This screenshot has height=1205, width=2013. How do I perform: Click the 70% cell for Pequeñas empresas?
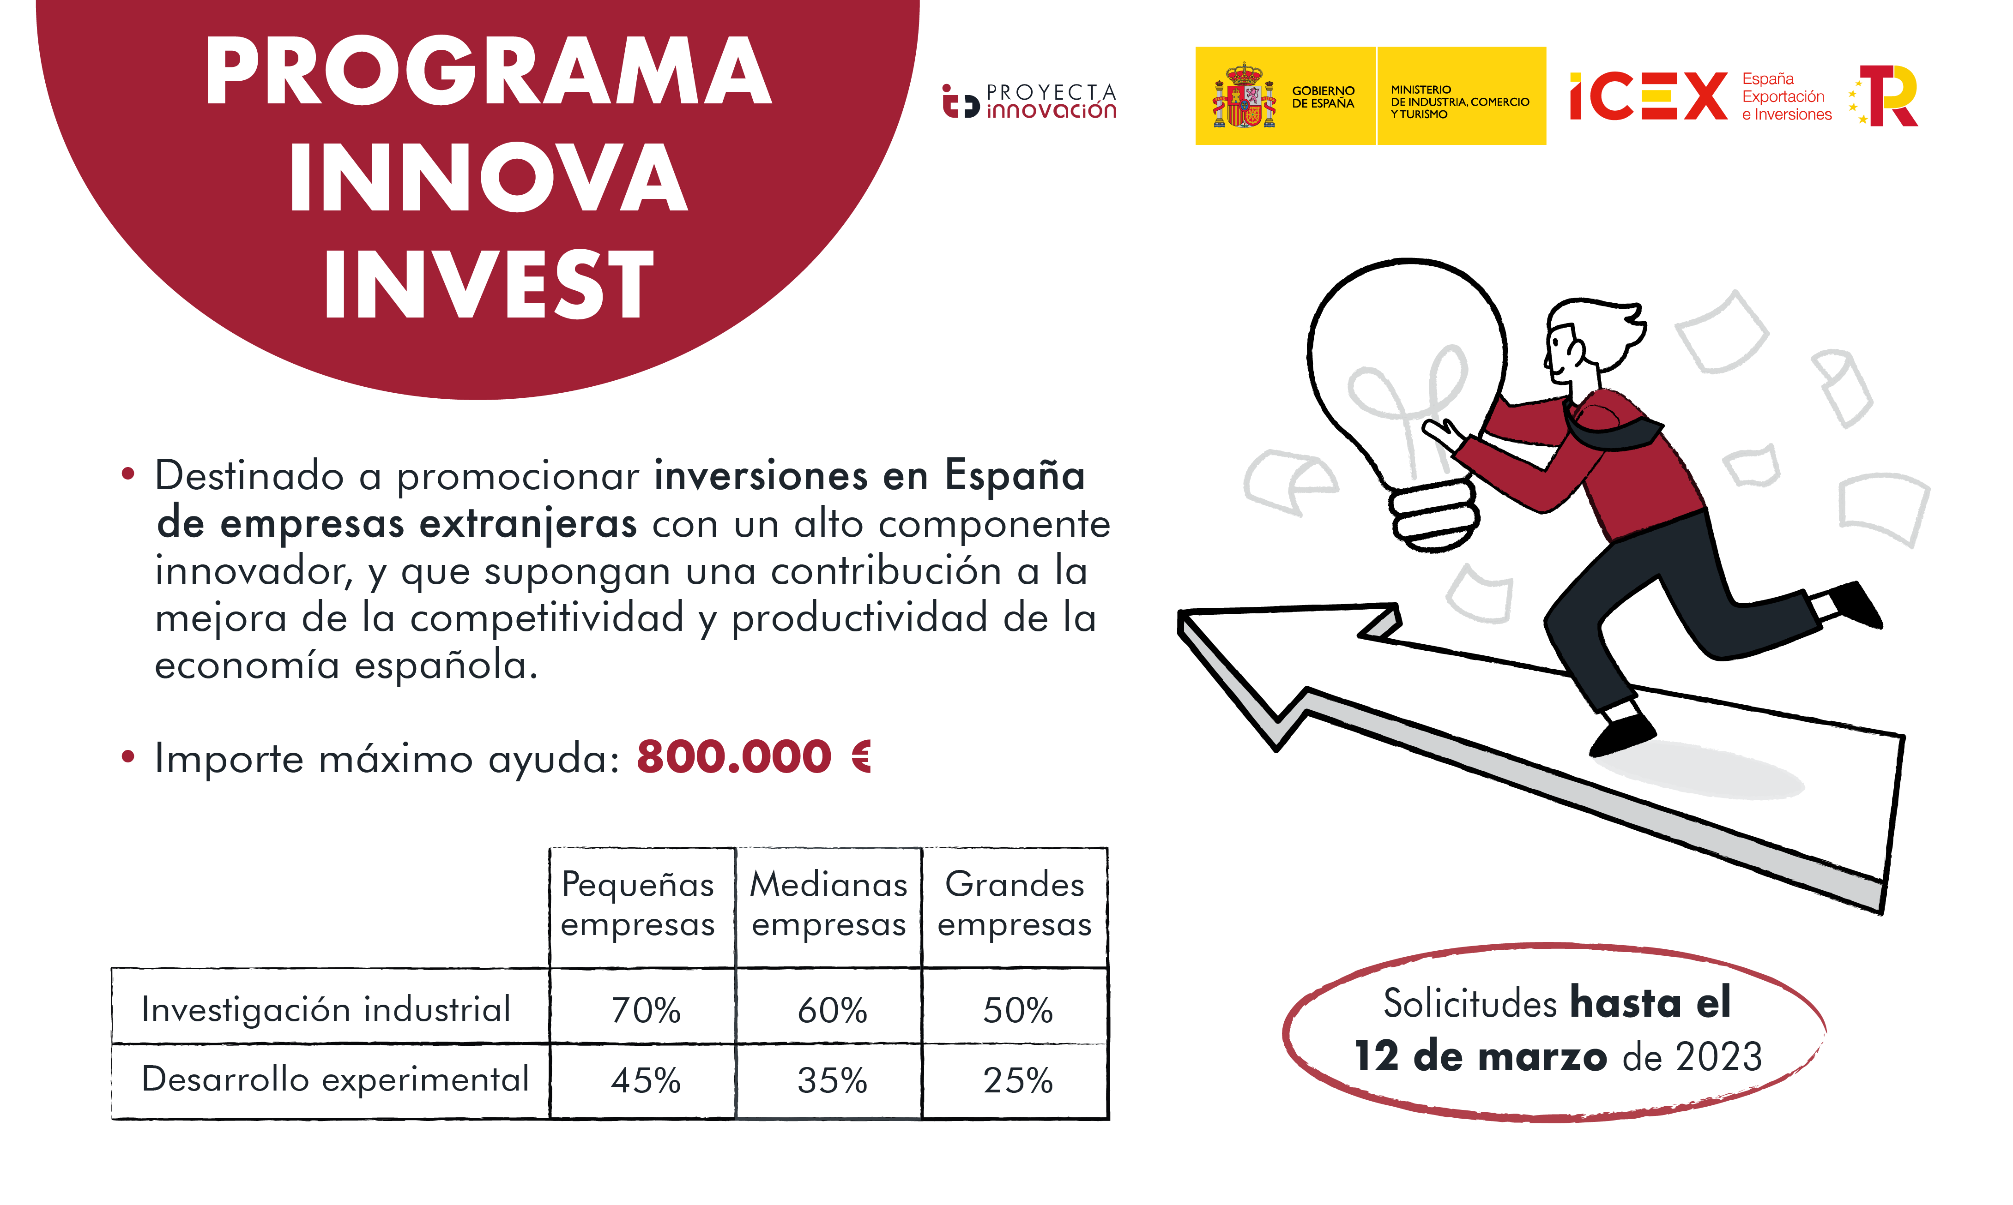(646, 1010)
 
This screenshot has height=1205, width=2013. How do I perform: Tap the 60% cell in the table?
(832, 1010)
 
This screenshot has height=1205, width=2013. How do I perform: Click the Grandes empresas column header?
(1015, 904)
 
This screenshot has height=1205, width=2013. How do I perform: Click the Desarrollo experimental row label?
(335, 1079)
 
